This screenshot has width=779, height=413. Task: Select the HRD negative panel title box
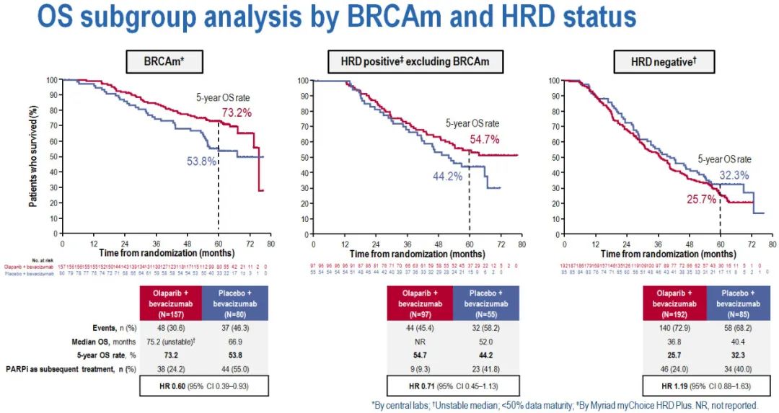(x=664, y=62)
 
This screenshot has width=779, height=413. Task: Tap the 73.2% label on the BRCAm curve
(x=237, y=112)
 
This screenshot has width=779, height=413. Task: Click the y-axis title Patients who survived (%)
(x=33, y=156)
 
